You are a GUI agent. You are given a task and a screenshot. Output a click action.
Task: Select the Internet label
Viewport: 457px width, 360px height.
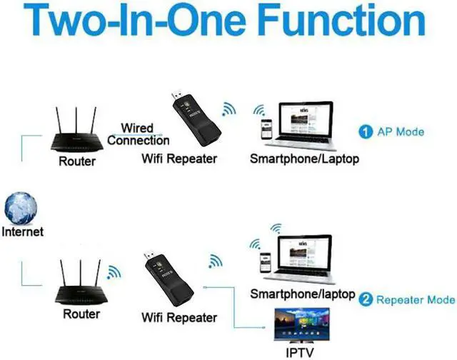point(23,231)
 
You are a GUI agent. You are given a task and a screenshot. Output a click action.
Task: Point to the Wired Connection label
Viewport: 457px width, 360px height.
point(138,134)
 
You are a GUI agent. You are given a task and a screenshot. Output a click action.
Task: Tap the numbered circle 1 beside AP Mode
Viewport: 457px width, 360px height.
point(365,131)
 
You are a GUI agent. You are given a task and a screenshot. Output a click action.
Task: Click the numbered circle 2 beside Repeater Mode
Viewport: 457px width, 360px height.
point(365,299)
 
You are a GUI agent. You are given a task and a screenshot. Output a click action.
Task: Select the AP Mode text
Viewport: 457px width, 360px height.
point(401,131)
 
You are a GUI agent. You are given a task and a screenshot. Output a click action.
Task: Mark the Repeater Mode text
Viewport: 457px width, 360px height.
point(415,299)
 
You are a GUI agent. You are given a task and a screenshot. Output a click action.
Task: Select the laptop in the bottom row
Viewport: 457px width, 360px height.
point(303,257)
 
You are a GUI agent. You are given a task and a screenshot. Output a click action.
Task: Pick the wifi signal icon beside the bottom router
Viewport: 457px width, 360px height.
point(114,273)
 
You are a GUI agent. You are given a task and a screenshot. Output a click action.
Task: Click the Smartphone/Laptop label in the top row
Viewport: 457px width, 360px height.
point(304,159)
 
